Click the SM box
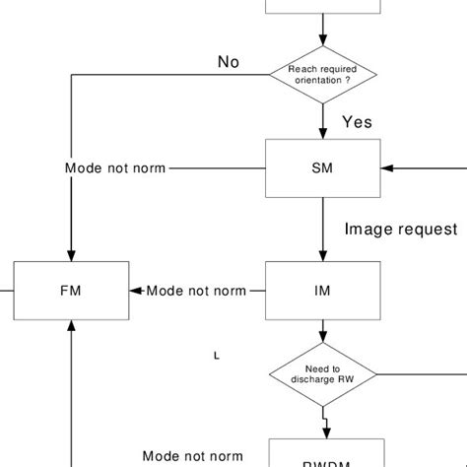[322, 167]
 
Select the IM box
[322, 291]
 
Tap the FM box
[71, 291]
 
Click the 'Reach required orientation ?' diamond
[322, 74]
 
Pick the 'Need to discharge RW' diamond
[322, 374]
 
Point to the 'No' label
[229, 63]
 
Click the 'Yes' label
[357, 122]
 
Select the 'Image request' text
[401, 230]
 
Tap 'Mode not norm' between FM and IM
[196, 291]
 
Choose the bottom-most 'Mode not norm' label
[193, 456]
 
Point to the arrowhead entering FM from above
[71, 254]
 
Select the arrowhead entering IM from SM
[322, 255]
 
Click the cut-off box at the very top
[322, 7]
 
